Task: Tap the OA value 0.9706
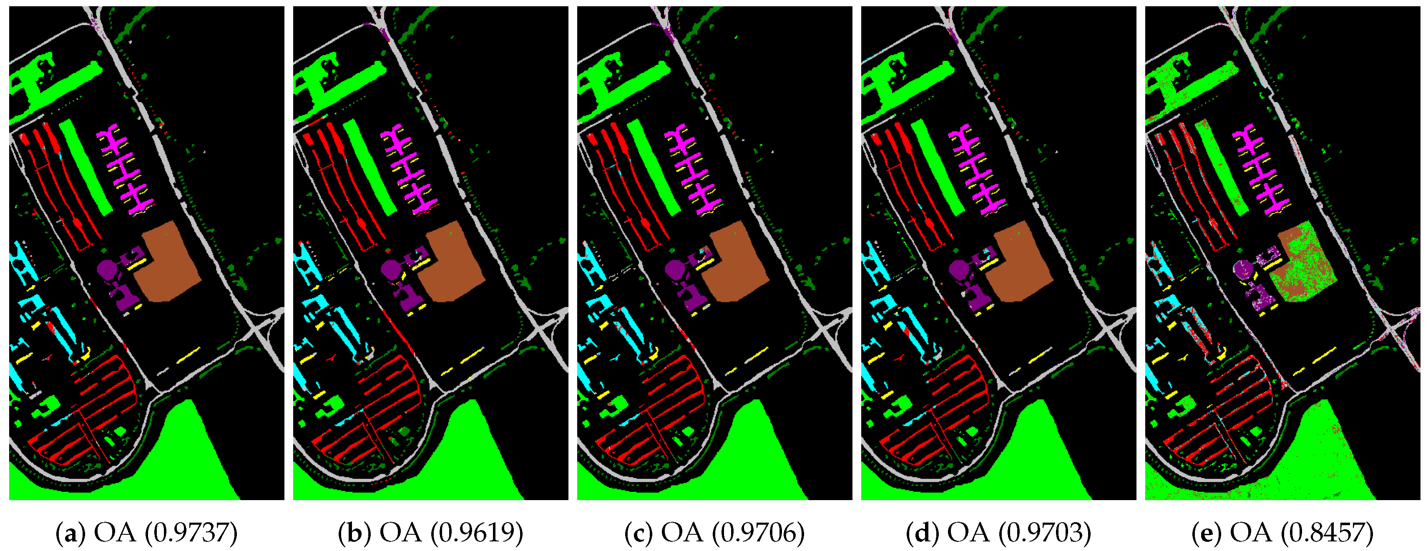(x=758, y=533)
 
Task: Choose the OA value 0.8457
(x=1327, y=533)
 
